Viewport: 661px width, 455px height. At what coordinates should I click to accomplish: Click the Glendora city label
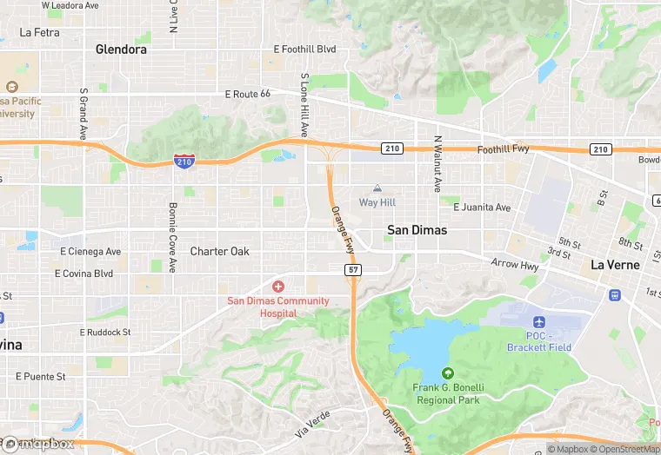pos(121,49)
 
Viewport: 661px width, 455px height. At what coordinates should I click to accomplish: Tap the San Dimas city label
pos(417,230)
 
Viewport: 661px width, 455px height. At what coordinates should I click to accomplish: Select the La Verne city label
pos(615,264)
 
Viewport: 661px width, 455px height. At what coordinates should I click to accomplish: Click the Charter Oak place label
pos(220,252)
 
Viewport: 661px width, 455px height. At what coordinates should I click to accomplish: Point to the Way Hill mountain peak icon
pos(377,188)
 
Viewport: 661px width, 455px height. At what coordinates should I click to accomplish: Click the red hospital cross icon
pos(278,287)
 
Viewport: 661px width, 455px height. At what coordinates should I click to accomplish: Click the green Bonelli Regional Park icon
pos(449,373)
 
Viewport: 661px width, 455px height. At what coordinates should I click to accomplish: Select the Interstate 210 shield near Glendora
pos(184,161)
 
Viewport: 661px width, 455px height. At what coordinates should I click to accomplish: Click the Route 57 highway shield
pos(353,270)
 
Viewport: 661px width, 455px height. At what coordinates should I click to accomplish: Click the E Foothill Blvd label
pos(304,49)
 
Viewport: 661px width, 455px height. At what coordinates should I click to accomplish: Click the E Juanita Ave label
pos(482,208)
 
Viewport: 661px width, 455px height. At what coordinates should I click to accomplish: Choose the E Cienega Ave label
pos(90,252)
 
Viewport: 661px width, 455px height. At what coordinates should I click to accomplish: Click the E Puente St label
pos(41,377)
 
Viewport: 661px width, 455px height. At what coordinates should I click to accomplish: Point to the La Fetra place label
pos(39,32)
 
